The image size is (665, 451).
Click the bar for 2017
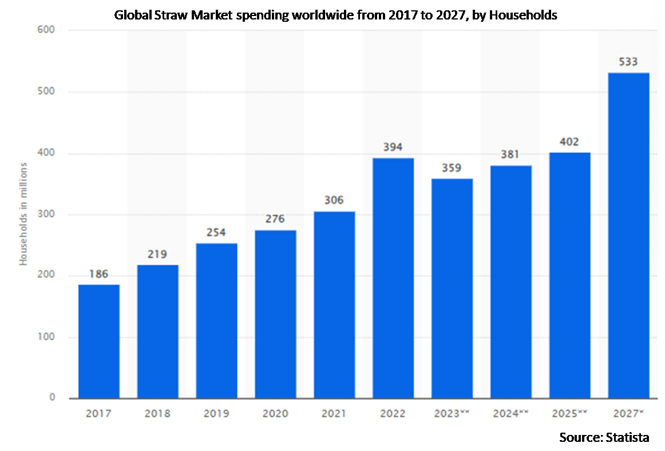pyautogui.click(x=99, y=341)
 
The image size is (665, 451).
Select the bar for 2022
pyautogui.click(x=393, y=278)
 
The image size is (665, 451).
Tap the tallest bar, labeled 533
pyautogui.click(x=628, y=236)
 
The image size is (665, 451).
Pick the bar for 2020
pyautogui.click(x=275, y=314)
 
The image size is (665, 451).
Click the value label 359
pyautogui.click(x=452, y=169)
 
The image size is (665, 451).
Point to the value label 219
pyautogui.click(x=157, y=255)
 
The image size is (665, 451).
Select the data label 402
pyautogui.click(x=569, y=142)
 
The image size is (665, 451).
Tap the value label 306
pyautogui.click(x=334, y=201)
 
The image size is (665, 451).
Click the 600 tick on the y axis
pyautogui.click(x=46, y=30)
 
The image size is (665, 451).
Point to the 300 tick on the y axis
pyautogui.click(x=46, y=215)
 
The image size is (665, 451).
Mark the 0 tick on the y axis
pyautogui.click(x=52, y=398)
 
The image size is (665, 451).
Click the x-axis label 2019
pyautogui.click(x=216, y=413)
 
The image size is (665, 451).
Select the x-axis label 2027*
pyautogui.click(x=628, y=413)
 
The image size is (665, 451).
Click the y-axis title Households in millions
pyautogui.click(x=24, y=214)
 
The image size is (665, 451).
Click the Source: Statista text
pyautogui.click(x=604, y=437)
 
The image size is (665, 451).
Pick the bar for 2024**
pyautogui.click(x=511, y=281)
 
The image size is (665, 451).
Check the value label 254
pyautogui.click(x=216, y=233)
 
